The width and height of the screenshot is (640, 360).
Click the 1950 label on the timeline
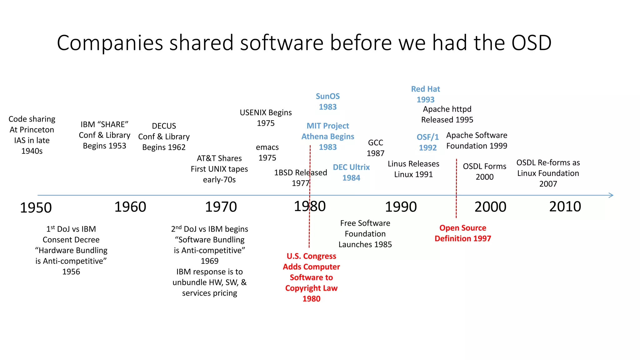point(36,208)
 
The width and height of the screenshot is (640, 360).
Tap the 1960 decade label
point(130,207)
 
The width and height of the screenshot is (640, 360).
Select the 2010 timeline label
point(565,207)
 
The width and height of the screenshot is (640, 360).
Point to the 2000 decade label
point(490,207)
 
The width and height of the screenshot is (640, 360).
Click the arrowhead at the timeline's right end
point(611,195)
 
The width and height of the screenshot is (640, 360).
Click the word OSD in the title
point(531,43)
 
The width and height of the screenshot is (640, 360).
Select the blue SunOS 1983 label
point(327,101)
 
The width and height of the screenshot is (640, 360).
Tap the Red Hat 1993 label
point(425,94)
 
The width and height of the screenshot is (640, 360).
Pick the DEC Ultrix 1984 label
point(351,172)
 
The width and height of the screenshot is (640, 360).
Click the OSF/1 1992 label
point(427,142)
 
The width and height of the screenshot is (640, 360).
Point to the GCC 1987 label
point(375,148)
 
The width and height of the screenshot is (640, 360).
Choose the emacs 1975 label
point(267,152)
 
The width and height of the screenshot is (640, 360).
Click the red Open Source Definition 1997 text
point(463,233)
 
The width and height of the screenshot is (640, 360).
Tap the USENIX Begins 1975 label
point(266,117)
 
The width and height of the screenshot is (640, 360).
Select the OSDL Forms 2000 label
point(484,171)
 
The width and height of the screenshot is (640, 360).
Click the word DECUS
point(164,126)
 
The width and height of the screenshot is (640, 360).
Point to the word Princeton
point(37,130)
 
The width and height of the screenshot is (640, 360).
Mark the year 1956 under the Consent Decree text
point(71,272)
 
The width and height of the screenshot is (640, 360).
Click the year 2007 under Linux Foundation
point(548,184)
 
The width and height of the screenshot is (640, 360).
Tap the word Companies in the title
point(110,43)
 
